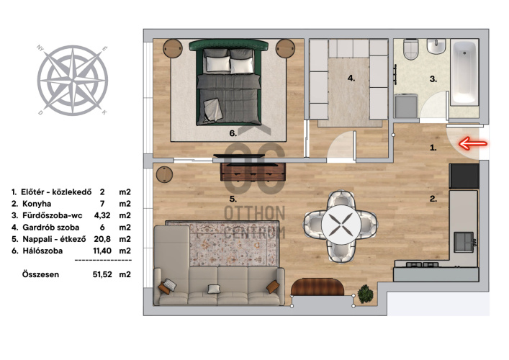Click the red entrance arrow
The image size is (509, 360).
[x=472, y=143]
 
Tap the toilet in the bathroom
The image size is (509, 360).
[x=410, y=50]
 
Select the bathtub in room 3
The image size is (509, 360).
[x=465, y=73]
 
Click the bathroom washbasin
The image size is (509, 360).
[x=436, y=46]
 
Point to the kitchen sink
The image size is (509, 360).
[x=464, y=242]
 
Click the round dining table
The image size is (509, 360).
[x=341, y=225]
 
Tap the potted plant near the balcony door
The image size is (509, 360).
[x=365, y=294]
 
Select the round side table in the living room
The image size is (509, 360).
[x=165, y=174]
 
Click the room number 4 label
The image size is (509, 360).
[x=351, y=78]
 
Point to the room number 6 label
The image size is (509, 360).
[x=233, y=133]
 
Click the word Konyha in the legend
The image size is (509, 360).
[x=37, y=204]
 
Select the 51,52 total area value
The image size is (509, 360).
[x=102, y=274]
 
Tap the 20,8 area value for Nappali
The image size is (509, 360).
[x=102, y=239]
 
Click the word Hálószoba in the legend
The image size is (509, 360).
[x=42, y=251]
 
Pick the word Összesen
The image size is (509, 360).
[x=40, y=274]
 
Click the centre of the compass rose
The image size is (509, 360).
[x=73, y=80]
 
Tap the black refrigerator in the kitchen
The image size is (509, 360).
[x=464, y=176]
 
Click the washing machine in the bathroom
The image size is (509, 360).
[x=406, y=106]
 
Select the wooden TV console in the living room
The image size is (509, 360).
[x=253, y=172]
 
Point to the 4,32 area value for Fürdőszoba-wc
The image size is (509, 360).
[x=102, y=215]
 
